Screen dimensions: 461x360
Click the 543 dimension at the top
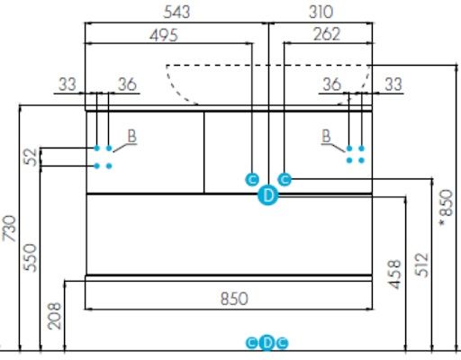click(176, 13)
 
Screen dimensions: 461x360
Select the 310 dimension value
click(321, 13)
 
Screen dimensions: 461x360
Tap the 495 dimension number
click(164, 35)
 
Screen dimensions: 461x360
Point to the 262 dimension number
click(327, 34)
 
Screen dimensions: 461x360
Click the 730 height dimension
click(9, 229)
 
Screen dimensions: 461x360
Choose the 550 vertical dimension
click(30, 257)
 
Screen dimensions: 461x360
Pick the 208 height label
click(54, 316)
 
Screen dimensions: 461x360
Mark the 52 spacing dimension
click(31, 157)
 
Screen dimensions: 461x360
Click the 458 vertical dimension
click(394, 274)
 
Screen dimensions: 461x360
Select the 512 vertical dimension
click(421, 265)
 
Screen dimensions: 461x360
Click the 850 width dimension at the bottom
click(234, 299)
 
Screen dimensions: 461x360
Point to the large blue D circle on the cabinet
click(268, 195)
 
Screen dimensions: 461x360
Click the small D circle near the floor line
click(267, 343)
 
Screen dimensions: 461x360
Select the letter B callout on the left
click(132, 136)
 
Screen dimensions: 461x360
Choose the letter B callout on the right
click(326, 136)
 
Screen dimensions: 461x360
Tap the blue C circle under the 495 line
click(252, 180)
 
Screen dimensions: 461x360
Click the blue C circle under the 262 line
click(285, 179)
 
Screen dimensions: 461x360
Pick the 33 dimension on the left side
click(68, 85)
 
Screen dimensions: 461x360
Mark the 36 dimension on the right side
click(331, 85)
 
